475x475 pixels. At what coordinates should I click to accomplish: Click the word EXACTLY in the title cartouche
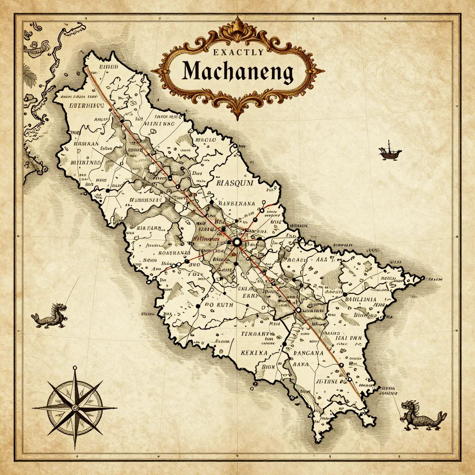coord(238,53)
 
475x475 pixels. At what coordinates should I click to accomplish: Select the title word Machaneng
coord(237,72)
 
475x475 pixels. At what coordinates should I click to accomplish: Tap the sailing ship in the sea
coord(390,151)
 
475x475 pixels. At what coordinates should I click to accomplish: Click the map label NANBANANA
coord(237,202)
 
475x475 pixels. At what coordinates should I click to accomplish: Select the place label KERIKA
coord(254,353)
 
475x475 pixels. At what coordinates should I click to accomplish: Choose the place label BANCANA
coord(306,353)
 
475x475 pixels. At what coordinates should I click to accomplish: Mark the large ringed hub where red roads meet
coord(237,242)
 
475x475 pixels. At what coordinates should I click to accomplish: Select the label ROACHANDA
coord(174,253)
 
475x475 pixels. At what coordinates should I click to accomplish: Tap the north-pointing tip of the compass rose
coord(75,369)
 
